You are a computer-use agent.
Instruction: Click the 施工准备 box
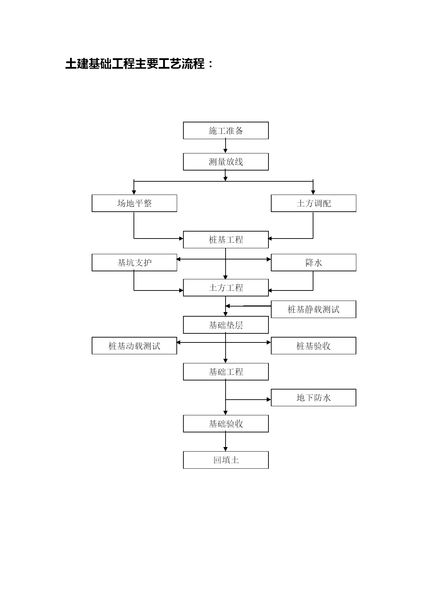(x=226, y=130)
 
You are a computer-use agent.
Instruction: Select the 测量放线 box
(x=226, y=162)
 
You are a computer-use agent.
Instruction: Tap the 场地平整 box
(x=135, y=203)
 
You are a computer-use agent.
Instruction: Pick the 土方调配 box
(x=314, y=203)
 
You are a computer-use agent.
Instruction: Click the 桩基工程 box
(x=226, y=240)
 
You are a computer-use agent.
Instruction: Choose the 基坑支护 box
(x=135, y=263)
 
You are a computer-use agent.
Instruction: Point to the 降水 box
(x=314, y=263)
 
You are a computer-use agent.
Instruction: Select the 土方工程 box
(x=226, y=288)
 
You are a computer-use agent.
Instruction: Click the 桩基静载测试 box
(x=314, y=309)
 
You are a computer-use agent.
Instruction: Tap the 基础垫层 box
(x=226, y=325)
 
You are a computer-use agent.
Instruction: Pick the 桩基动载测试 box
(x=135, y=346)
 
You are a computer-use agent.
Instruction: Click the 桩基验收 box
(x=314, y=346)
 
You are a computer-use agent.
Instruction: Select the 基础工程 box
(x=226, y=372)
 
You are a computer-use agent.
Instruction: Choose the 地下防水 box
(x=314, y=398)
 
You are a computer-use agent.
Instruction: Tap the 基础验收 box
(x=226, y=424)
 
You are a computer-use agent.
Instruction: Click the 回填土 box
(x=226, y=460)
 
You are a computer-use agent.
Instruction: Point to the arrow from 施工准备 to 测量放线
(x=226, y=146)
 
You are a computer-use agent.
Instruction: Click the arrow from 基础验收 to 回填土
(x=226, y=442)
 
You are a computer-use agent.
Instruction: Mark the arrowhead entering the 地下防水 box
(x=269, y=400)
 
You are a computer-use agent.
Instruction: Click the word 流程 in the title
(x=193, y=64)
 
